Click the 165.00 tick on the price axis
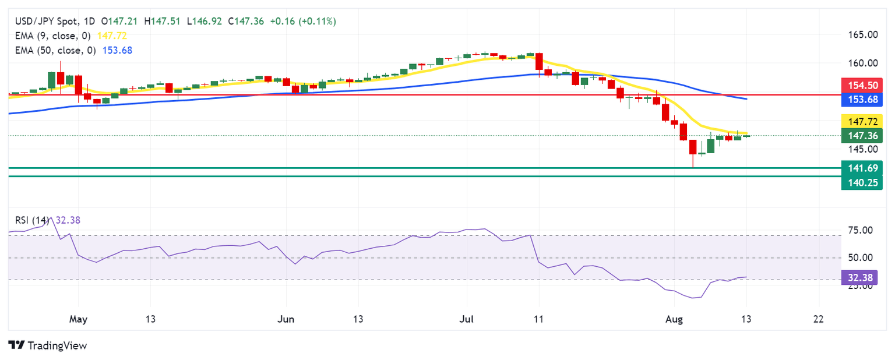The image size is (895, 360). click(862, 35)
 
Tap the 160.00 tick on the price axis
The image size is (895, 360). click(862, 63)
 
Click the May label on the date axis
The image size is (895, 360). click(78, 319)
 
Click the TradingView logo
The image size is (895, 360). click(48, 345)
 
